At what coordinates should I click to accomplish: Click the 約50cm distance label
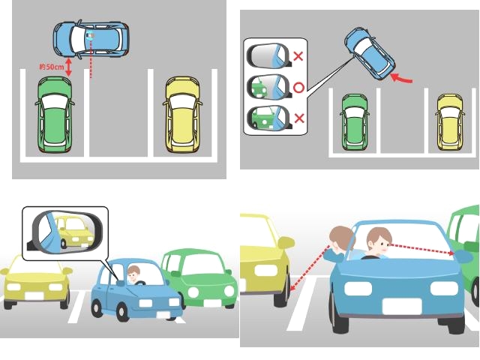52,67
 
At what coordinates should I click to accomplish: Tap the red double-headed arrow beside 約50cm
68,67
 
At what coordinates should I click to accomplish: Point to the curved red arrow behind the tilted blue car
402,79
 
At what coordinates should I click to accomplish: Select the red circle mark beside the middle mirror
298,88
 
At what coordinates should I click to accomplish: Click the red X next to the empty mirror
298,56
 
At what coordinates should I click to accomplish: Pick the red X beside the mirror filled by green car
299,118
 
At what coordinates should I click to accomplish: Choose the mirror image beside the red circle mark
269,86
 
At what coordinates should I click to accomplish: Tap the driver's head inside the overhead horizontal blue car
90,36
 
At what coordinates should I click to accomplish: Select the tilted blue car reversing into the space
370,54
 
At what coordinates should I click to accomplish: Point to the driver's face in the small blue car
133,275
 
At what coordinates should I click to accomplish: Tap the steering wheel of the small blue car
140,283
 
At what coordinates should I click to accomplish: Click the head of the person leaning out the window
340,239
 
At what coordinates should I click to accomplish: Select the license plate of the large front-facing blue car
402,307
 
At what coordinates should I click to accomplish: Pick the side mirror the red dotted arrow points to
463,256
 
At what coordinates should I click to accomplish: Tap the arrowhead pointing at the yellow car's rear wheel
292,287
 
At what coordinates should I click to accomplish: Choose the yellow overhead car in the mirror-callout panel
450,122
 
